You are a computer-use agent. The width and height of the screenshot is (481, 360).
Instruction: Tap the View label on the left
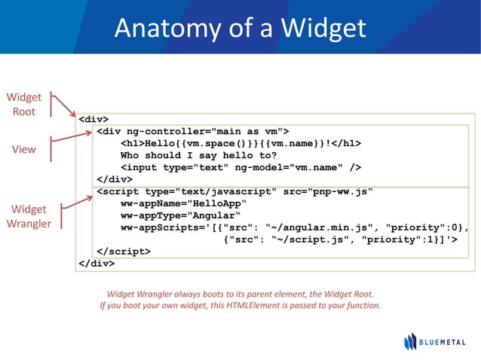coord(23,149)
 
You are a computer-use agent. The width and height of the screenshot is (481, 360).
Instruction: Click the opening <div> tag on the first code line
coord(93,119)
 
